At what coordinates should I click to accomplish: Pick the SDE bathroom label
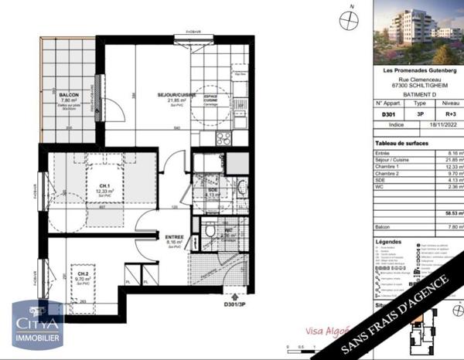tap(213, 190)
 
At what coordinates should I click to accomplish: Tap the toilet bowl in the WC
tap(210, 230)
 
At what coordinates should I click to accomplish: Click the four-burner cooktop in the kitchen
tap(223, 138)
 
